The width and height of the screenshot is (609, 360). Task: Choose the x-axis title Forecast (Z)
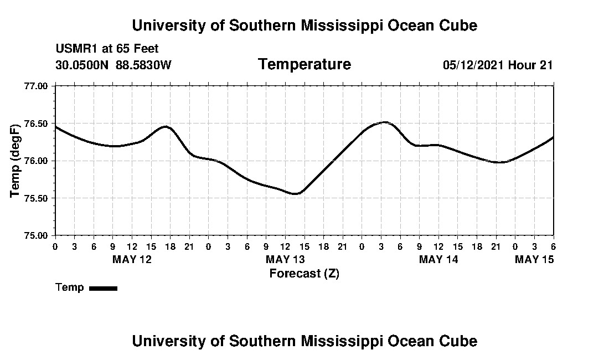click(304, 273)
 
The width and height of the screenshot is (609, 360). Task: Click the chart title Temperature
click(304, 64)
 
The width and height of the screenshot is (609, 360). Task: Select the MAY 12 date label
click(132, 259)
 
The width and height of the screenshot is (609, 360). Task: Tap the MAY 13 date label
click(285, 259)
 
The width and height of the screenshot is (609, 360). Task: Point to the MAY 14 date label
click(438, 259)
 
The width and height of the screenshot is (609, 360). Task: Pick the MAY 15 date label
click(534, 259)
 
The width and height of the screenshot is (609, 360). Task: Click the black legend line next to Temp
click(103, 288)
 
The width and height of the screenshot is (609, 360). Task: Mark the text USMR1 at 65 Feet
click(107, 49)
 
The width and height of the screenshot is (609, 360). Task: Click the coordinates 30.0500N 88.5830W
click(113, 65)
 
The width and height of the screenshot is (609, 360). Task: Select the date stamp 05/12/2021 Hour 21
click(498, 65)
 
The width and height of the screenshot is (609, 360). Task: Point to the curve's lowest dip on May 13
click(296, 193)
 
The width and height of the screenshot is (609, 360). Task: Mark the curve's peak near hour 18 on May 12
click(166, 127)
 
